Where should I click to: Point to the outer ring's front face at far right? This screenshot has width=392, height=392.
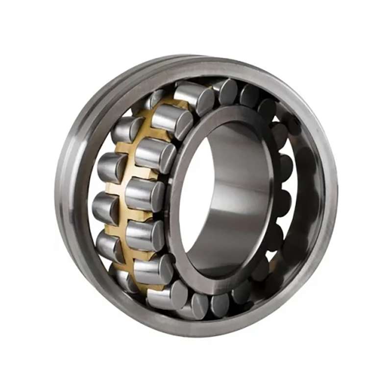click(331, 196)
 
